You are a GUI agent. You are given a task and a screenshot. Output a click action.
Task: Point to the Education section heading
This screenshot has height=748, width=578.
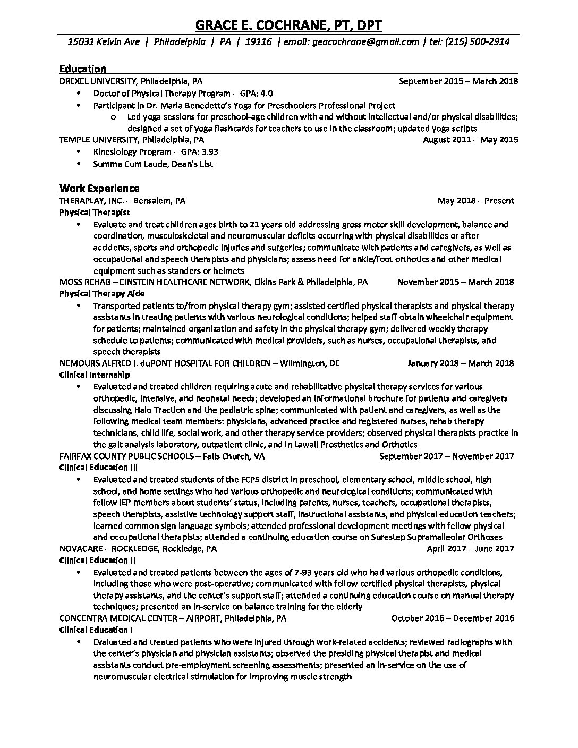[x=82, y=69]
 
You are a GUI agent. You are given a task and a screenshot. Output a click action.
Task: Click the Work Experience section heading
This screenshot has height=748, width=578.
[x=99, y=188]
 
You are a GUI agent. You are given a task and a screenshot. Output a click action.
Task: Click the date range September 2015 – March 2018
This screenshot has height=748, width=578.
[x=458, y=81]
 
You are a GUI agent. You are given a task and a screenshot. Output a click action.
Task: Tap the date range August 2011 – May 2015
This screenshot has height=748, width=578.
[x=471, y=140]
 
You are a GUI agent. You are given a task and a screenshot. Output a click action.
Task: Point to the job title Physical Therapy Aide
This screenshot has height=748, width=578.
[x=102, y=294]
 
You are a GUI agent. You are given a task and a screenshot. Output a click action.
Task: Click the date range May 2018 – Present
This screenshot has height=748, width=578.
[x=475, y=201]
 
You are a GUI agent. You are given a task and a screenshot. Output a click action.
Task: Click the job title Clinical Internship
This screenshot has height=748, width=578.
[x=95, y=375]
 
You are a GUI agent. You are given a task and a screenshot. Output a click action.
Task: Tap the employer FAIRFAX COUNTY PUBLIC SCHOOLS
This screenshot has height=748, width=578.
[x=125, y=456]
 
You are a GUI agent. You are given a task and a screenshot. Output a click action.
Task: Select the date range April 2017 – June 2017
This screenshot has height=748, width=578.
[x=470, y=549]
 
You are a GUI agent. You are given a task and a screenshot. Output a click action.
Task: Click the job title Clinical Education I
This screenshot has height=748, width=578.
[x=96, y=630]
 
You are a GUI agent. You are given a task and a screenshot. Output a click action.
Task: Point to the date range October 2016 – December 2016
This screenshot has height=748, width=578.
[x=453, y=618]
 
